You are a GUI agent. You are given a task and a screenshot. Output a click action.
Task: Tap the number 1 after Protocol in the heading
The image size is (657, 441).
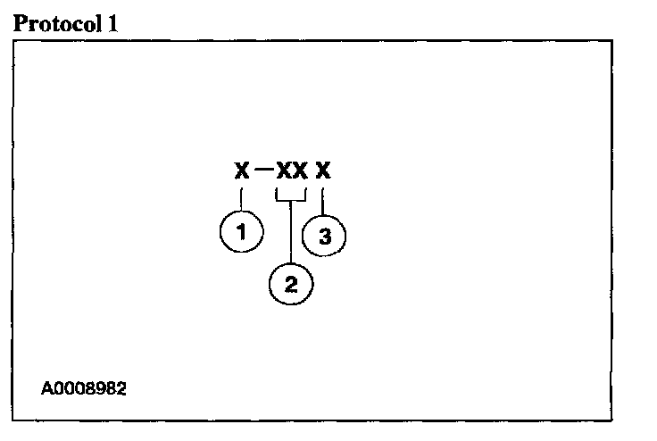click(x=113, y=23)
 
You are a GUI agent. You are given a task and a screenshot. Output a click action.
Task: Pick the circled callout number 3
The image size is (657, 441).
click(x=324, y=237)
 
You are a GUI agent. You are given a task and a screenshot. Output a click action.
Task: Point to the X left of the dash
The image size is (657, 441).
click(x=241, y=170)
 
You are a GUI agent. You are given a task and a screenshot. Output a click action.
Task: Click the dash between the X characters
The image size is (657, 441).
click(x=262, y=171)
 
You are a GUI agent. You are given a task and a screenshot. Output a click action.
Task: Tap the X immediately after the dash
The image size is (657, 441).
click(x=284, y=170)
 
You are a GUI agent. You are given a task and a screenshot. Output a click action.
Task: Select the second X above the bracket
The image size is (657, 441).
click(x=300, y=170)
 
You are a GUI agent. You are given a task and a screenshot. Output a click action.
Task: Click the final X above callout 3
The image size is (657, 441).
click(x=323, y=170)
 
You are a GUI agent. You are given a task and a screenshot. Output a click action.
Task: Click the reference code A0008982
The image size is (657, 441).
click(x=84, y=390)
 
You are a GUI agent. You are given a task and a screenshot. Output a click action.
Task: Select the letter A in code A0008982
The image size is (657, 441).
click(x=46, y=390)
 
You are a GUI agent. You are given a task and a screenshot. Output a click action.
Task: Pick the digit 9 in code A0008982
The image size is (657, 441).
click(x=103, y=390)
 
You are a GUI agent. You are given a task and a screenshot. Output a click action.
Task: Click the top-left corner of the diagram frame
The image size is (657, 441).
click(x=13, y=39)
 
